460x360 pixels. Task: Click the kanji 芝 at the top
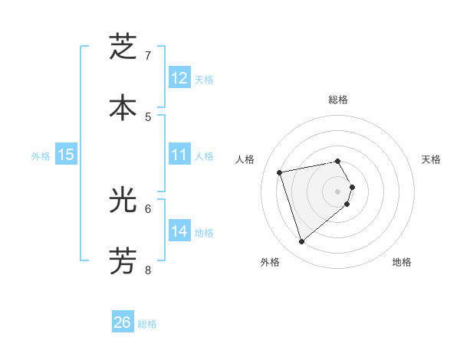point(123,47)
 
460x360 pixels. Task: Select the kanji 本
point(123,107)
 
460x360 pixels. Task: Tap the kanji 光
point(123,199)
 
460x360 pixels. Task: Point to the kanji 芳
point(123,260)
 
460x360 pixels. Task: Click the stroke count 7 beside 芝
point(148,56)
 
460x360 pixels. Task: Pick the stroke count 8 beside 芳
point(148,270)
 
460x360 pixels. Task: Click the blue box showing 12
point(179,77)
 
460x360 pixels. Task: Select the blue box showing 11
point(179,155)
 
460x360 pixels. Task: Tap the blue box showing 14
point(179,231)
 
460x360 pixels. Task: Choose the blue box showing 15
point(66,155)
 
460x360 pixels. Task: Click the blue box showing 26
point(122,322)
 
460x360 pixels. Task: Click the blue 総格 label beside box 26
point(147,324)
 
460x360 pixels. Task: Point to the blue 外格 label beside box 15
point(41,156)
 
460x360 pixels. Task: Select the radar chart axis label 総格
point(337,100)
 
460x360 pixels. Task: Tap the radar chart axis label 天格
point(431,159)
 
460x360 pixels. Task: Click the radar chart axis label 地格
point(402,262)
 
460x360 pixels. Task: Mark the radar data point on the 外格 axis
point(301,242)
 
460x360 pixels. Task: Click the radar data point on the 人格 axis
point(281,172)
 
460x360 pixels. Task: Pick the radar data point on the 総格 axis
point(337,161)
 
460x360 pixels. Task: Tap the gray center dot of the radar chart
point(337,191)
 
